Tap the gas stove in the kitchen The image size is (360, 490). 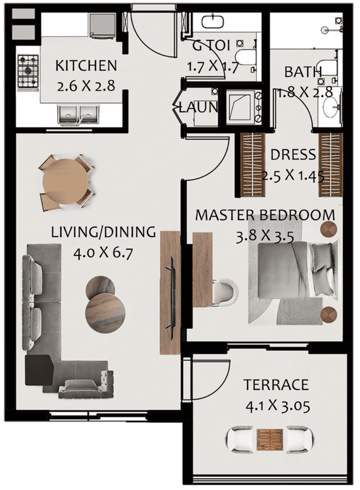pos(28,71)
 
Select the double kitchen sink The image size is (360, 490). pos(76,114)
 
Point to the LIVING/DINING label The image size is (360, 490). pos(103,233)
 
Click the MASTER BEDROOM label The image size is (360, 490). pos(264,215)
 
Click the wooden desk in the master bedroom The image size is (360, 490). pos(202,269)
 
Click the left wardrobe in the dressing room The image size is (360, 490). pos(252,164)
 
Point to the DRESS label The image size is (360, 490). pos(293,155)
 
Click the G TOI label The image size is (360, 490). pos(212,46)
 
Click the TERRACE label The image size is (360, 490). pos(276,385)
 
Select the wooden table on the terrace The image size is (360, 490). pos(270,438)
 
